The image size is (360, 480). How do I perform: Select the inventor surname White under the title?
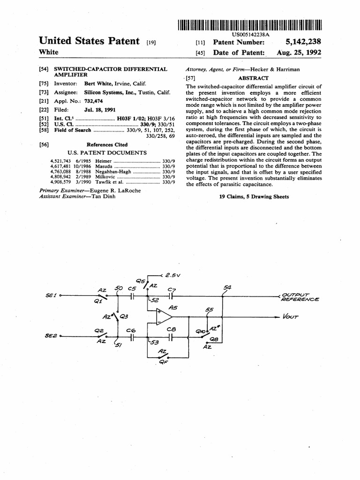tap(48, 52)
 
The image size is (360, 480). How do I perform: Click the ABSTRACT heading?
tap(254, 78)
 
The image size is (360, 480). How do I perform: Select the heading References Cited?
tap(107, 145)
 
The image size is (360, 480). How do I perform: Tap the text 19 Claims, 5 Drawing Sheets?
tap(254, 197)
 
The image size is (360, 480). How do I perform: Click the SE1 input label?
tap(51, 296)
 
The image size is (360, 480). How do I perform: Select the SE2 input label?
tap(51, 336)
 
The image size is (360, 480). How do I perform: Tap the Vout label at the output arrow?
tap(291, 317)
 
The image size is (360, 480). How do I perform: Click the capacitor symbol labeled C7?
tap(172, 296)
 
